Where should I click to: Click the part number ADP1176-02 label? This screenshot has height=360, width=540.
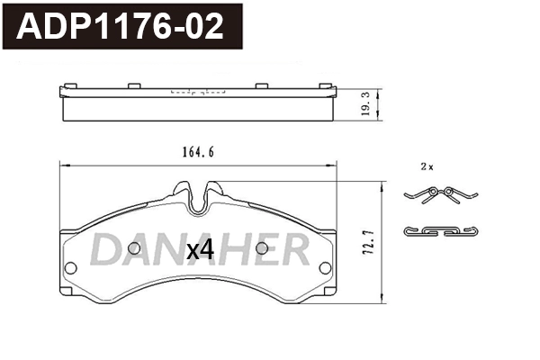[121, 27]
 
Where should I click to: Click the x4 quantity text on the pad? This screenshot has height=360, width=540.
[199, 251]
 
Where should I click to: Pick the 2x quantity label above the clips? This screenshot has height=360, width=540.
[427, 167]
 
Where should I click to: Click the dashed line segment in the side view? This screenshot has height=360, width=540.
[197, 92]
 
